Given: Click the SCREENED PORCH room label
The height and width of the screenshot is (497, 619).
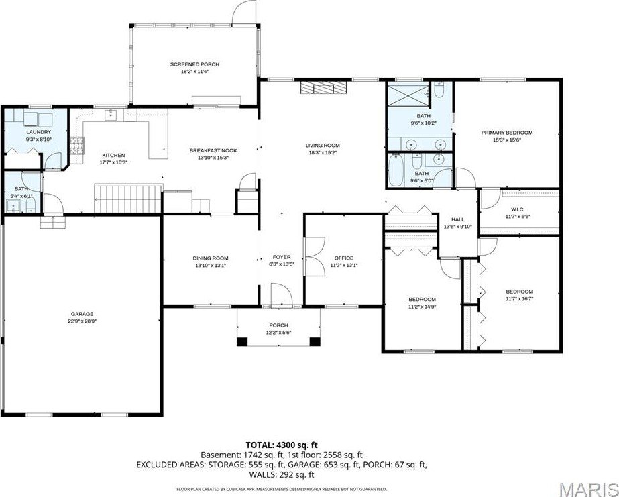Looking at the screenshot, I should pyautogui.click(x=194, y=64).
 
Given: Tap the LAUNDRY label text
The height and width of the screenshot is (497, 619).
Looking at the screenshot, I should pyautogui.click(x=38, y=132).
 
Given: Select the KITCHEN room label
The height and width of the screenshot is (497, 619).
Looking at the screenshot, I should pyautogui.click(x=113, y=155).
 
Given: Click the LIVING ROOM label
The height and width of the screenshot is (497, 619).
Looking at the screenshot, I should pyautogui.click(x=323, y=145).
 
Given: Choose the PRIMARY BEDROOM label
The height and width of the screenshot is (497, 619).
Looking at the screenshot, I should pyautogui.click(x=506, y=133).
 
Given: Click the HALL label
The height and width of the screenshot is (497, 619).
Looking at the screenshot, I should pyautogui.click(x=457, y=219).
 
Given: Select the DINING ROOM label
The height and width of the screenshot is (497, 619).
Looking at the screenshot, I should pyautogui.click(x=211, y=258).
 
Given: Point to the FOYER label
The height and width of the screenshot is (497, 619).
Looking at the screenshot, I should pyautogui.click(x=281, y=258).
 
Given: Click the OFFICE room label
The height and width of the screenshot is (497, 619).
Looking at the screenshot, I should pyautogui.click(x=343, y=258).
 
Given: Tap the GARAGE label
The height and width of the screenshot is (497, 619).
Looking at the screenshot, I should pyautogui.click(x=82, y=314).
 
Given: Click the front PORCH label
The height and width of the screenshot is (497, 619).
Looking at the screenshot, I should pyautogui.click(x=277, y=326).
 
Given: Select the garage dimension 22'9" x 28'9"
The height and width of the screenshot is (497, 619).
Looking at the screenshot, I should pyautogui.click(x=82, y=321).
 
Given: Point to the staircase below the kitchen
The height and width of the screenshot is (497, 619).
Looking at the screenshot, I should pyautogui.click(x=127, y=199).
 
